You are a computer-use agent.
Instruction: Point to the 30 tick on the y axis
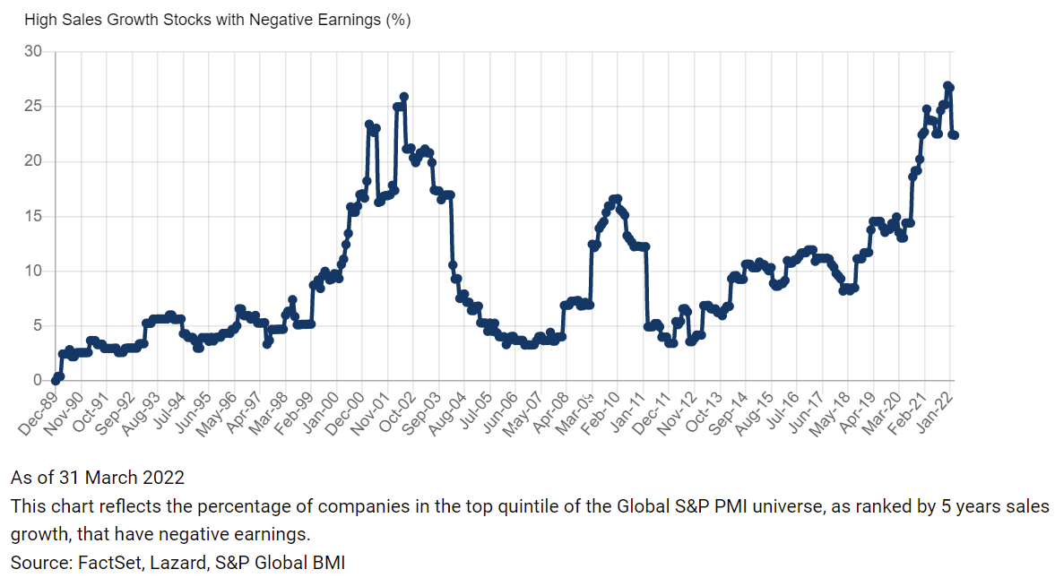(33, 51)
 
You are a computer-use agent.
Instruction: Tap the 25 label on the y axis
(33, 107)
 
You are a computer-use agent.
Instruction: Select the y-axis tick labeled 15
(33, 216)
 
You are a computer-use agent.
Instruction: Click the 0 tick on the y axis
(38, 380)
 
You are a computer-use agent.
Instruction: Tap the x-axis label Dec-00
(349, 413)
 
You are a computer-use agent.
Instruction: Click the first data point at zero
(56, 380)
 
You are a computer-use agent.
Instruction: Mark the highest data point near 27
(947, 85)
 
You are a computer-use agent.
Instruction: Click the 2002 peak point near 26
(403, 97)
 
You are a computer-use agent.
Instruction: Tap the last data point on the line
(954, 135)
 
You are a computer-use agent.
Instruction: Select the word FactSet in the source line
(104, 563)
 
